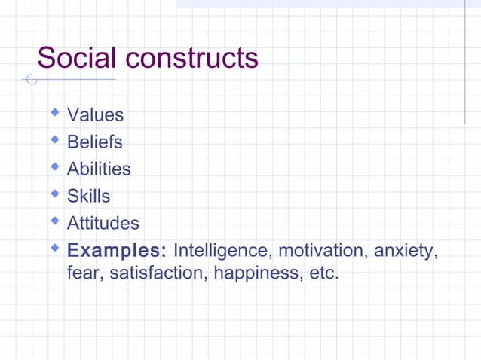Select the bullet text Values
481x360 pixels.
pyautogui.click(x=95, y=115)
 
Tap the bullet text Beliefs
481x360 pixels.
pyautogui.click(x=94, y=142)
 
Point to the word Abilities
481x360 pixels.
pyautogui.click(x=99, y=169)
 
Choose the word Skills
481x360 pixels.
pyautogui.click(x=88, y=197)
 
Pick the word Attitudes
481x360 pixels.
pyautogui.click(x=103, y=224)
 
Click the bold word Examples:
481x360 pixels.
pyautogui.click(x=117, y=251)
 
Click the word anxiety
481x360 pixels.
pyautogui.click(x=406, y=251)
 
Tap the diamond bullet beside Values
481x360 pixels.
pyautogui.click(x=54, y=113)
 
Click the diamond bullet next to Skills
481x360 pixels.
pyautogui.click(x=54, y=194)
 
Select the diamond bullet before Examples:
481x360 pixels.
pyautogui.click(x=54, y=248)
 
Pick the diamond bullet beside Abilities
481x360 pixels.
pyautogui.click(x=54, y=167)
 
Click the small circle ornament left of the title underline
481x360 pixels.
pyautogui.click(x=30, y=79)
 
